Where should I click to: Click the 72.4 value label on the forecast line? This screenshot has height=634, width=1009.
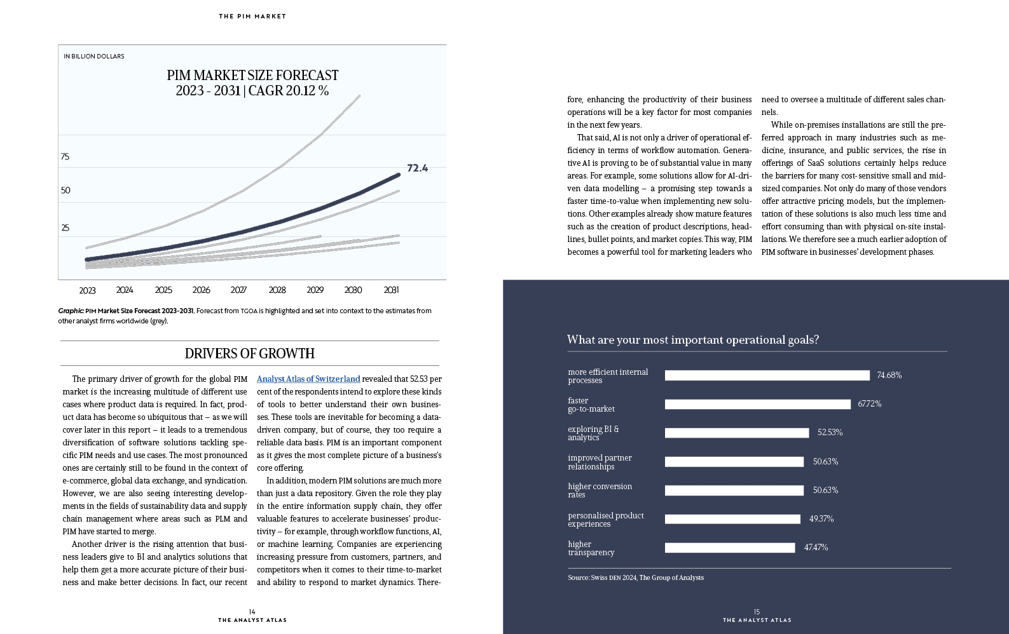pyautogui.click(x=418, y=168)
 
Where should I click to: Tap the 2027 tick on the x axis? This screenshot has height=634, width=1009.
pyautogui.click(x=238, y=290)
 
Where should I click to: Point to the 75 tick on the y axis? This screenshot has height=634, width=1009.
pyautogui.click(x=65, y=156)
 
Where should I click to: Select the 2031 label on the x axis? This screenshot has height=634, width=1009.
pyautogui.click(x=392, y=290)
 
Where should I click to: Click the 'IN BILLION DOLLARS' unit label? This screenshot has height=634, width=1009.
pyautogui.click(x=93, y=57)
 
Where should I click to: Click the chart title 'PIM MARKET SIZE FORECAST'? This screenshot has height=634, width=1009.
pyautogui.click(x=252, y=75)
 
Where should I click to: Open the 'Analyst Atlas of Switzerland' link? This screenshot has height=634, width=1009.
pyautogui.click(x=308, y=379)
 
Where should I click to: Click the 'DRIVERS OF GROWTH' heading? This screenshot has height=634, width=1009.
pyautogui.click(x=249, y=354)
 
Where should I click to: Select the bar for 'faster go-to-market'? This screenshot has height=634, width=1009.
pyautogui.click(x=758, y=404)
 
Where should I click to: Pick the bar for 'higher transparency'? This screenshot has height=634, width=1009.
pyautogui.click(x=730, y=548)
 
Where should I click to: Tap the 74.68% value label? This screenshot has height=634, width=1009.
pyautogui.click(x=889, y=375)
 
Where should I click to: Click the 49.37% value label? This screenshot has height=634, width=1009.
pyautogui.click(x=821, y=519)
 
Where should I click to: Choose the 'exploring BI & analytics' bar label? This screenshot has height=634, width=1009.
pyautogui.click(x=593, y=433)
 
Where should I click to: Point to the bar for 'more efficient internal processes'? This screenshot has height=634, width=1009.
pyautogui.click(x=767, y=375)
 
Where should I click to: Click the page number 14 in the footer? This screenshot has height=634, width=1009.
pyautogui.click(x=252, y=612)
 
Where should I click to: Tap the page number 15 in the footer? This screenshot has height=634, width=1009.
pyautogui.click(x=757, y=612)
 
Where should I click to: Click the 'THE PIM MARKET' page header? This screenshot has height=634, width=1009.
pyautogui.click(x=252, y=16)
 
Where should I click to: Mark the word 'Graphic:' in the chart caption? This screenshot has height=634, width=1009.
pyautogui.click(x=71, y=311)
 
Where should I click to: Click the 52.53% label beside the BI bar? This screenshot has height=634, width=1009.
pyautogui.click(x=830, y=433)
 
